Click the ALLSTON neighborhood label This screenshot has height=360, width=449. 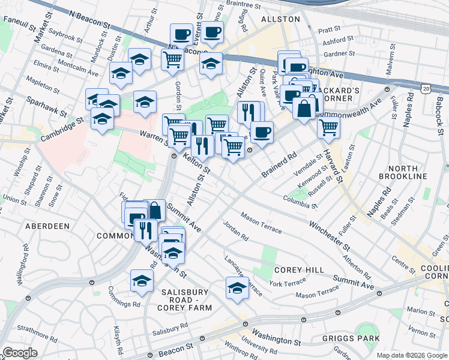280,19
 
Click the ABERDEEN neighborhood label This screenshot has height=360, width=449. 47,226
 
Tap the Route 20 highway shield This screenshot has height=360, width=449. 426,88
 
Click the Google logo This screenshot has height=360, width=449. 20,353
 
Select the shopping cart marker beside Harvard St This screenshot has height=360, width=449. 328,127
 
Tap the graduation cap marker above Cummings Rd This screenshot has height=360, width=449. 142,280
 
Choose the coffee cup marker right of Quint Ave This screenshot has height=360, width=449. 261,131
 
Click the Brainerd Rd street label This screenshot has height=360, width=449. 279,166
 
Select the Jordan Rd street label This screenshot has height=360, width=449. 235,232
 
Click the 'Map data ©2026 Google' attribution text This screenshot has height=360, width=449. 411,355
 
